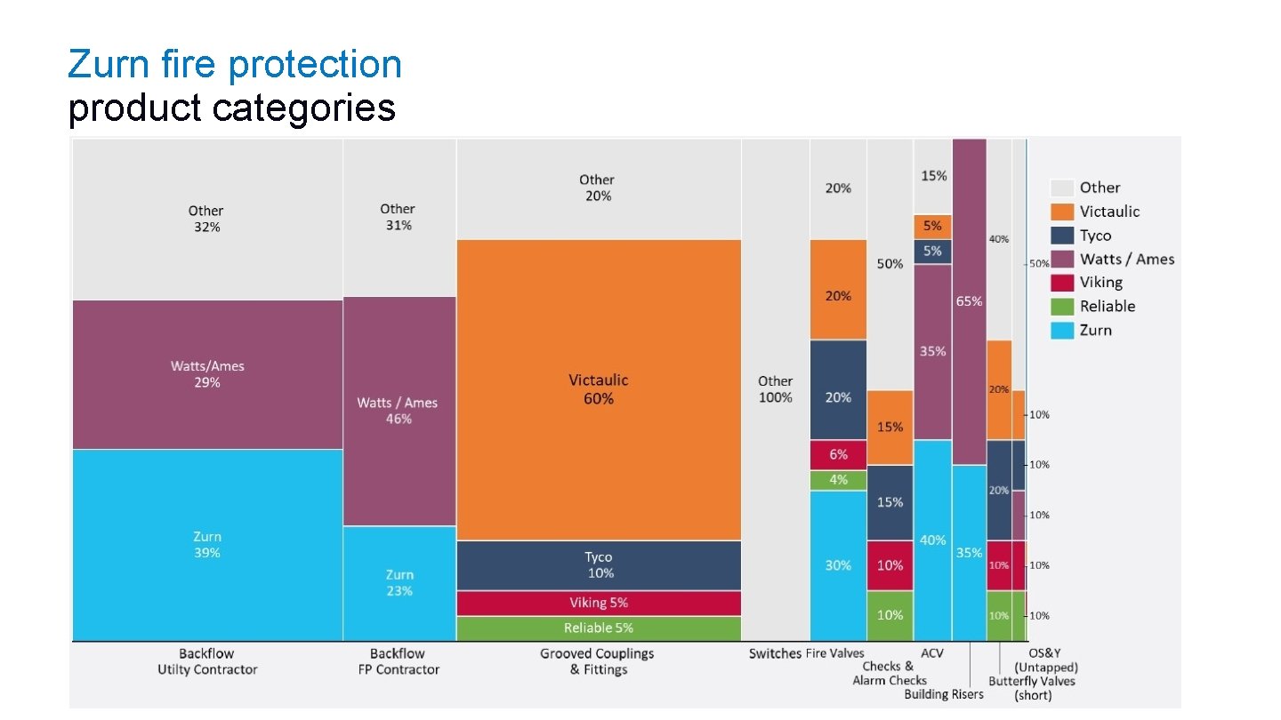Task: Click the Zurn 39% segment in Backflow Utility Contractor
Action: [x=207, y=544]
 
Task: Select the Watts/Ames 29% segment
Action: [x=207, y=374]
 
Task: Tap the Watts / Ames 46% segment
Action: [x=399, y=411]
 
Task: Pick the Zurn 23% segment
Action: [x=399, y=582]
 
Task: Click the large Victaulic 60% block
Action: [x=598, y=389]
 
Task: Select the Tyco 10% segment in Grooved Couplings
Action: [x=598, y=565]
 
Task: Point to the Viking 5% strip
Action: [x=598, y=603]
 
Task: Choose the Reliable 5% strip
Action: [x=598, y=628]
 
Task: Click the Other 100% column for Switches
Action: [x=775, y=389]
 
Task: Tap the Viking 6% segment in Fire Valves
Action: [x=838, y=454]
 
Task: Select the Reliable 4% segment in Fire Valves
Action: [x=838, y=480]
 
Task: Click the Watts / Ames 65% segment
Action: [x=969, y=301]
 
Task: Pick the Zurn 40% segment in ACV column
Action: [x=932, y=540]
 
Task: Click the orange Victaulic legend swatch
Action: [x=1062, y=212]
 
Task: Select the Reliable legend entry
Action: [x=1107, y=307]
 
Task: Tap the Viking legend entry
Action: [x=1100, y=283]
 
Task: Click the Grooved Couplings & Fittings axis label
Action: [x=597, y=661]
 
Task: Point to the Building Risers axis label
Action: [x=944, y=694]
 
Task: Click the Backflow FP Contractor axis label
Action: [x=398, y=661]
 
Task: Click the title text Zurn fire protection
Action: [x=235, y=64]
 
